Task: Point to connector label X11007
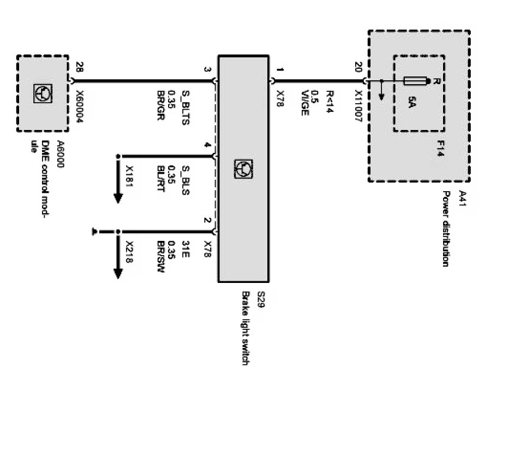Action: (x=358, y=110)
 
